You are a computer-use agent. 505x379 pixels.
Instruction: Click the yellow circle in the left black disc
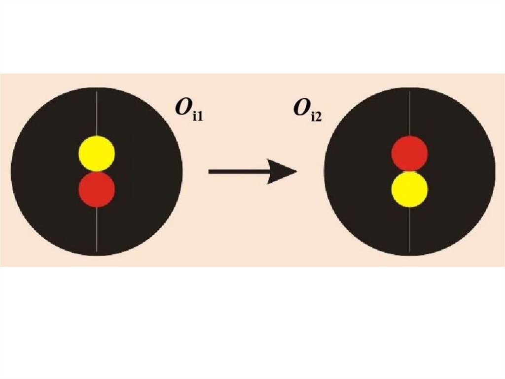tap(97, 154)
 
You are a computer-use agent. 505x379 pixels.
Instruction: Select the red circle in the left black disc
tap(97, 189)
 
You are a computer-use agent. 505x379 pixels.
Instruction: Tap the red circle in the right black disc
tap(409, 154)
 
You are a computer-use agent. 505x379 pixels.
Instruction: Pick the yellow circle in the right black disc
tap(409, 189)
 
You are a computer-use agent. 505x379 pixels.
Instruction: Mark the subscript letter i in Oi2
tap(312, 118)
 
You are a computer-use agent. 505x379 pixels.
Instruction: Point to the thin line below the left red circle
tap(97, 230)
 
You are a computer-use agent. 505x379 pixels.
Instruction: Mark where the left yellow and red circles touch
tap(97, 171)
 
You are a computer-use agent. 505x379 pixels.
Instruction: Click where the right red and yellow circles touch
tap(409, 171)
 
